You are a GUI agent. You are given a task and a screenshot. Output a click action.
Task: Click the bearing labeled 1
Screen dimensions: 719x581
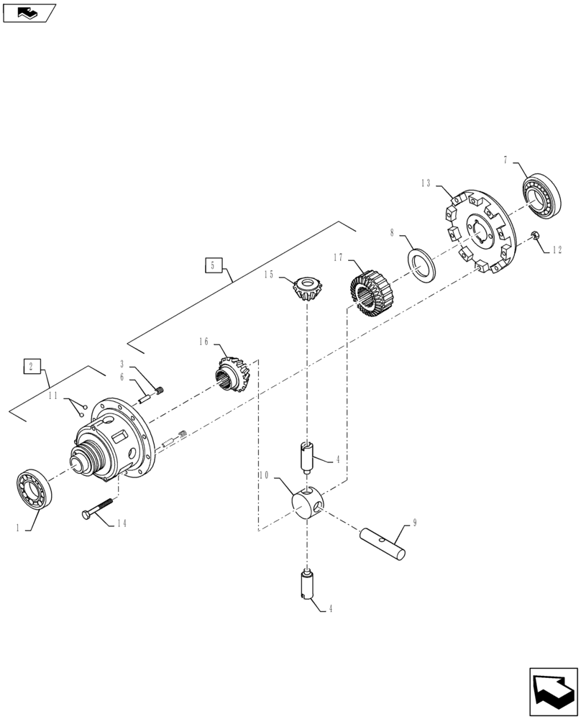click(32, 490)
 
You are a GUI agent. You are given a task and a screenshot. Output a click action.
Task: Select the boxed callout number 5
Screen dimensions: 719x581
click(213, 265)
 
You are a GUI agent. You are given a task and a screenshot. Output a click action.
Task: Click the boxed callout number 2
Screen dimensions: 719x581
click(32, 366)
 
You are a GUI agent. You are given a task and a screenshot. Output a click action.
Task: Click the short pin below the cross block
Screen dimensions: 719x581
click(308, 585)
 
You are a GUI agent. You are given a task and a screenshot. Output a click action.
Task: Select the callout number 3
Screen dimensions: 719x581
click(123, 365)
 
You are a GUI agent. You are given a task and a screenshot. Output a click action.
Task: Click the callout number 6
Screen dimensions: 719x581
click(123, 377)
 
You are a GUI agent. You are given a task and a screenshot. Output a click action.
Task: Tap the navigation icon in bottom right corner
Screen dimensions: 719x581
click(553, 691)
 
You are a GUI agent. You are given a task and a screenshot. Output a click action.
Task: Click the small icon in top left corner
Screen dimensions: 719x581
click(27, 12)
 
